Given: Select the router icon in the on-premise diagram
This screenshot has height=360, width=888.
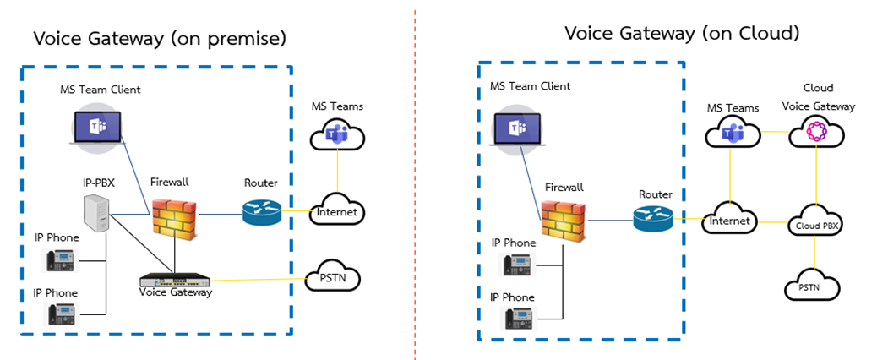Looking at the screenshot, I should (x=261, y=212).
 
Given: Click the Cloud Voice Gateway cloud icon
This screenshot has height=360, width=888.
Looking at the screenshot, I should (x=816, y=133).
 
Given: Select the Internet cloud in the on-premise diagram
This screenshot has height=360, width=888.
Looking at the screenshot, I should (x=336, y=212).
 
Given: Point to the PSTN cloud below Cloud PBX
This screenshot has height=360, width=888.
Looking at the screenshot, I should (x=814, y=287).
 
